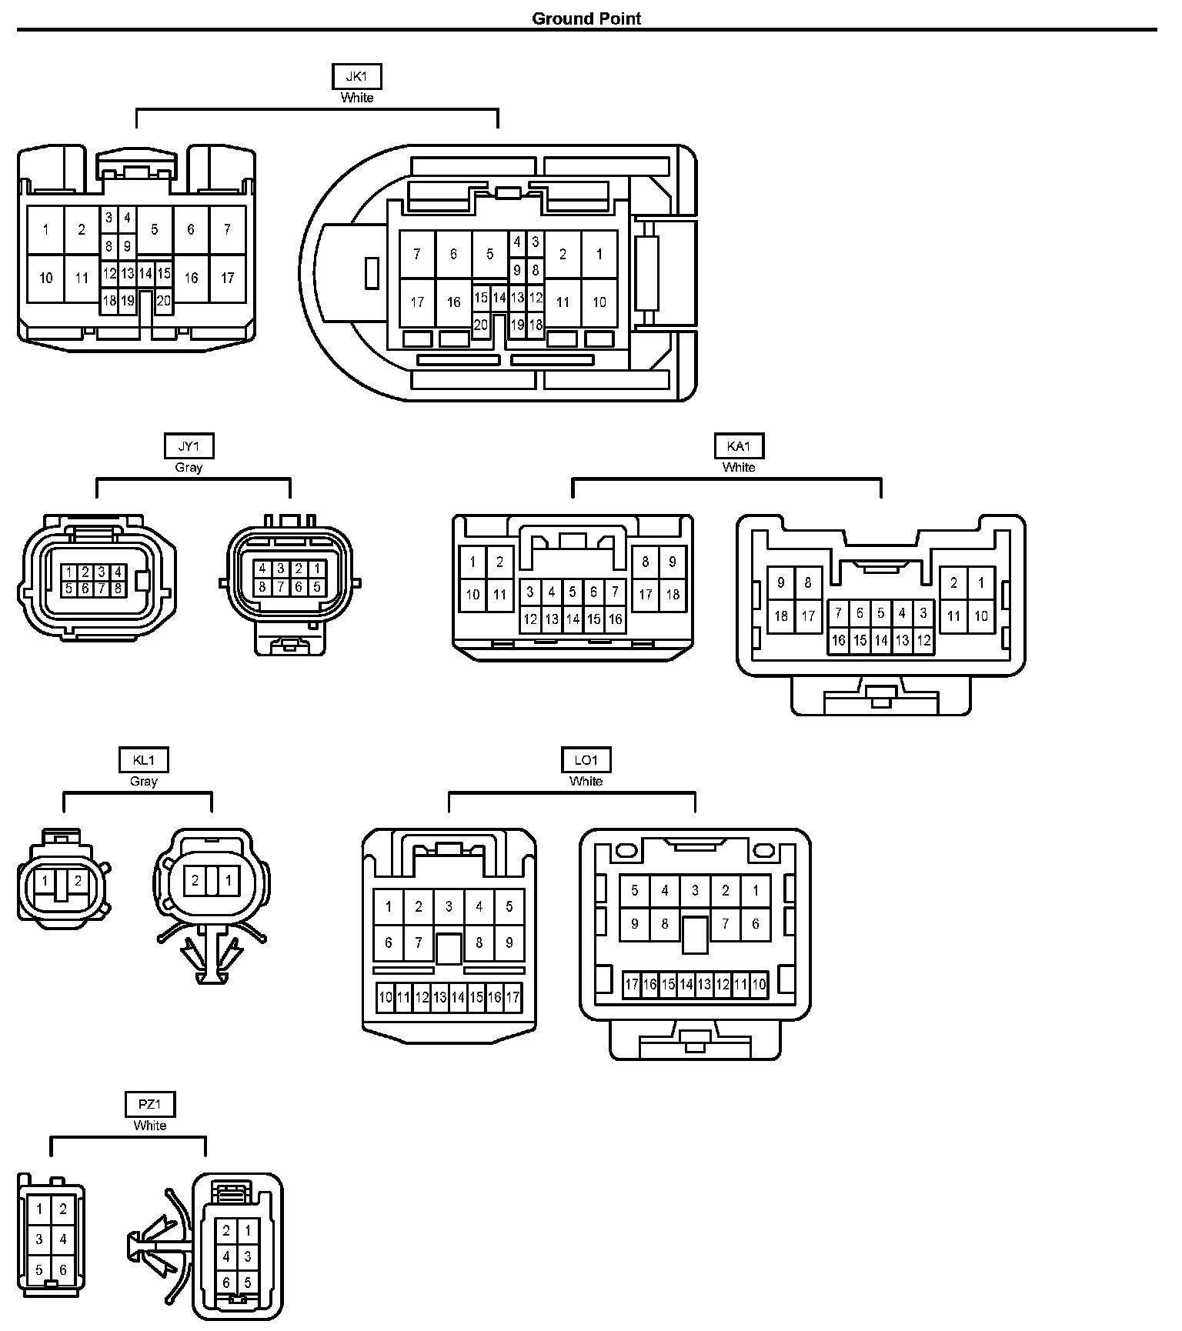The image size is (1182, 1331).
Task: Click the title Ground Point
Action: tap(586, 18)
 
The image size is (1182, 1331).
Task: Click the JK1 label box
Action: tap(356, 77)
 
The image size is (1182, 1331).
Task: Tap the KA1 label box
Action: tap(739, 446)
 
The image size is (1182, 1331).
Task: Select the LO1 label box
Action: tap(586, 760)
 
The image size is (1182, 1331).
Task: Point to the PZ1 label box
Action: tap(150, 1105)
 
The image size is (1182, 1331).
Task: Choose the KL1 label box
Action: tap(144, 760)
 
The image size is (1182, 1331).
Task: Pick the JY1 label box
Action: tap(189, 446)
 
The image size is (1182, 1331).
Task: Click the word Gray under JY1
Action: tap(189, 467)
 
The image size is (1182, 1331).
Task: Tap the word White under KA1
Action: tap(739, 467)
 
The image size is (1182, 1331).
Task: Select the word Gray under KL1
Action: tap(144, 781)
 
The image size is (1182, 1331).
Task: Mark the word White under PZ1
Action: tap(150, 1126)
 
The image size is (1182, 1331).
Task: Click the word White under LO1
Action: tap(586, 781)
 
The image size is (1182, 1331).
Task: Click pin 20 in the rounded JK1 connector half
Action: tap(481, 325)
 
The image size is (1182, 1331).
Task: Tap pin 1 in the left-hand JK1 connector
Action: tap(45, 229)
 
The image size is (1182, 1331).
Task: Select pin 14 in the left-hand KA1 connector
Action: tap(573, 619)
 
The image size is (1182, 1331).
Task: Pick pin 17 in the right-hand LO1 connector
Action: tap(632, 984)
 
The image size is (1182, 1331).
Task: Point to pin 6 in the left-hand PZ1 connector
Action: tap(63, 1270)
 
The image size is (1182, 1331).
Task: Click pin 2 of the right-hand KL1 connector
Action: tap(195, 881)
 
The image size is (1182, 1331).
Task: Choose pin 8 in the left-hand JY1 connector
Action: tap(118, 589)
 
